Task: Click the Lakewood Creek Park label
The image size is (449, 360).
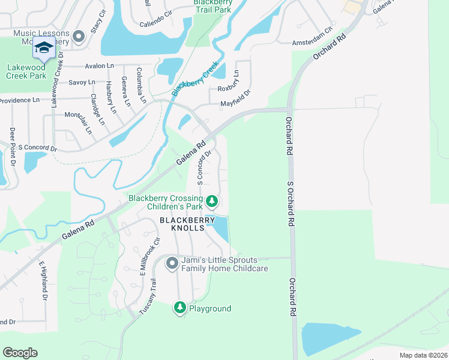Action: coord(26,72)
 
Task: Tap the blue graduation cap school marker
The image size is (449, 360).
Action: coord(44,48)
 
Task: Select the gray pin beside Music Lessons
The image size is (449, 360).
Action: coord(78,38)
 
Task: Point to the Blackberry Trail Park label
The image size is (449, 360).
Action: coord(212,5)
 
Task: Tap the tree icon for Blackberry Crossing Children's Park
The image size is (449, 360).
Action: coord(211,201)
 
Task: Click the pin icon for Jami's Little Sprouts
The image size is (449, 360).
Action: coord(172,263)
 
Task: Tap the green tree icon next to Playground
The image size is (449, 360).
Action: coord(179,308)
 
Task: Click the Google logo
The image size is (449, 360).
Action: coord(20,353)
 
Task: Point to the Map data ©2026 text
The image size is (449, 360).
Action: coord(423,355)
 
